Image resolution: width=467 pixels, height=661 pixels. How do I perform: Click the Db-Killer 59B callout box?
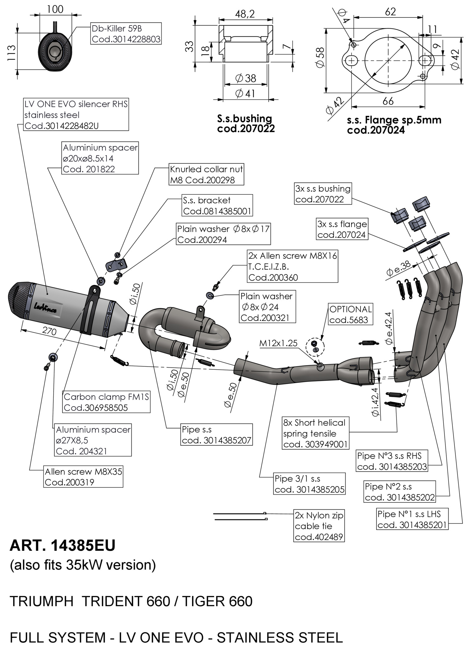tap(126, 33)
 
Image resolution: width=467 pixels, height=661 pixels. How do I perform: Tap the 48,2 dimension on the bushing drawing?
tap(245, 14)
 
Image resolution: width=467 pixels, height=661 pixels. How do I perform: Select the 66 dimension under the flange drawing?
tap(388, 101)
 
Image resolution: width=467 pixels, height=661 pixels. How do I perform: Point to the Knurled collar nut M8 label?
tap(206, 174)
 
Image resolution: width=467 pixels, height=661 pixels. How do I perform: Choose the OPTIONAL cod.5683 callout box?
tap(350, 314)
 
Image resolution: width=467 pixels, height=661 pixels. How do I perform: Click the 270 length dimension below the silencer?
tap(49, 330)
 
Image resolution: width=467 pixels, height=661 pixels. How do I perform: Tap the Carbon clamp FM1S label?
tap(106, 402)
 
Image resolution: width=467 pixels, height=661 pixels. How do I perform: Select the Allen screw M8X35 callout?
tap(83, 477)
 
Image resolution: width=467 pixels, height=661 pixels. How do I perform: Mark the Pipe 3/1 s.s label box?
tap(309, 484)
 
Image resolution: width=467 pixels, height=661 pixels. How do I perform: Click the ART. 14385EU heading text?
tap(63, 546)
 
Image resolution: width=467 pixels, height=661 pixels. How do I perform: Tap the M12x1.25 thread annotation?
tap(278, 343)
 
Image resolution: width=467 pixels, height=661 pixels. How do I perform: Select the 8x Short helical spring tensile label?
tap(315, 433)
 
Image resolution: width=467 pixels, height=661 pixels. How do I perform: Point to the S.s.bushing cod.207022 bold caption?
tap(246, 123)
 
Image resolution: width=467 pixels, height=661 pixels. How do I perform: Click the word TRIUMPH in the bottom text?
tap(42, 602)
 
